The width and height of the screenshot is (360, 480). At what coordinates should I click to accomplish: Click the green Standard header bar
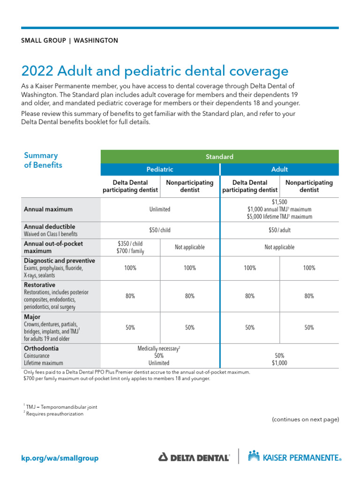(219, 157)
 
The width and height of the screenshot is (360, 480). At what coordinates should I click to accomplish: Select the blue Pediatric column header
(160, 169)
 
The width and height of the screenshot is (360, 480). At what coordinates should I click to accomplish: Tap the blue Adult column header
(279, 169)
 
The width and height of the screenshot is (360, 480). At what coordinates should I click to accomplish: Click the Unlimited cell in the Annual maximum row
(160, 210)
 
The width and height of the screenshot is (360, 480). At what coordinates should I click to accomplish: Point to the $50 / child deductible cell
(160, 230)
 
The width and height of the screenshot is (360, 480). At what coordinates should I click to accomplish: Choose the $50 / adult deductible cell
(279, 230)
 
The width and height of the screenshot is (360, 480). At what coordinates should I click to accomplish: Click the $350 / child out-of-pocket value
(130, 243)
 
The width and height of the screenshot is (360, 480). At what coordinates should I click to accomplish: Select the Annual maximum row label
(48, 210)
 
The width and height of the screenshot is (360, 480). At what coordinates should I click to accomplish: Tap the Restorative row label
(39, 285)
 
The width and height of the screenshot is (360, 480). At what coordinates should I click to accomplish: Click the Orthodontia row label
(41, 349)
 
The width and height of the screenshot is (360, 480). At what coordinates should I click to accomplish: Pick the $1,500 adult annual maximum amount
(279, 202)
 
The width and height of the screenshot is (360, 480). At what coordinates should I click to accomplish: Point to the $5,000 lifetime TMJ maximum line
(279, 217)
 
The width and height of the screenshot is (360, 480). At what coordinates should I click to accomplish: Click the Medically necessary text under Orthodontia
(159, 349)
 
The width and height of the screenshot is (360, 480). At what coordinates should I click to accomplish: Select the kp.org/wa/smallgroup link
(60, 458)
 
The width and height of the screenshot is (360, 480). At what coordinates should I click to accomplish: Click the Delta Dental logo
(194, 457)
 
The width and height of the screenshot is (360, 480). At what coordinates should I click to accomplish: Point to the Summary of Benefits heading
(42, 160)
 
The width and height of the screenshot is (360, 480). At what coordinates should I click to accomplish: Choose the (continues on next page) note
(305, 420)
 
